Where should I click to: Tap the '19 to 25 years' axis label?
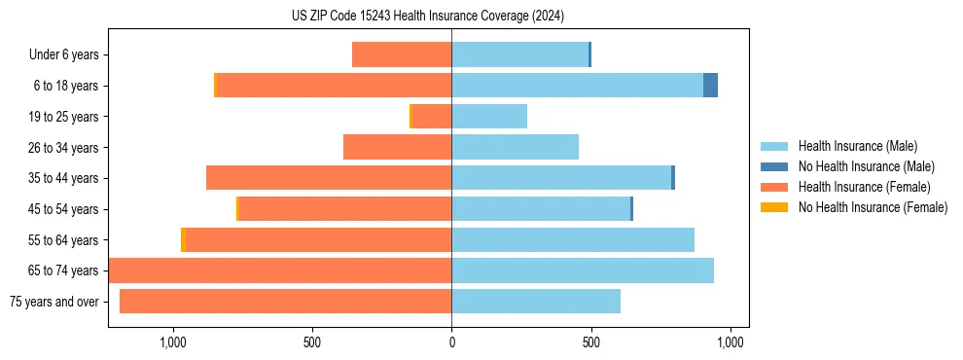63,117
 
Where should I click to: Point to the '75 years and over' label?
54,302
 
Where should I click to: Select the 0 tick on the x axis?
451,342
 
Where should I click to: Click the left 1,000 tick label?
172,342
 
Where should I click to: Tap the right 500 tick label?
591,342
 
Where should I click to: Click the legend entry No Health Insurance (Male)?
866,166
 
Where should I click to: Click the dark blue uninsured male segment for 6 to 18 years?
710,86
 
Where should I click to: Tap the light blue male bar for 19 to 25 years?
489,117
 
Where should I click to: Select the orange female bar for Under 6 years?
402,54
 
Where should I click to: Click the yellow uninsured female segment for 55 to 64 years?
183,240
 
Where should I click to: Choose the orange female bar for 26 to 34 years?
398,147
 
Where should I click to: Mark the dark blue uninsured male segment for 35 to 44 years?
673,178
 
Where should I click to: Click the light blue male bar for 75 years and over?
536,302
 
